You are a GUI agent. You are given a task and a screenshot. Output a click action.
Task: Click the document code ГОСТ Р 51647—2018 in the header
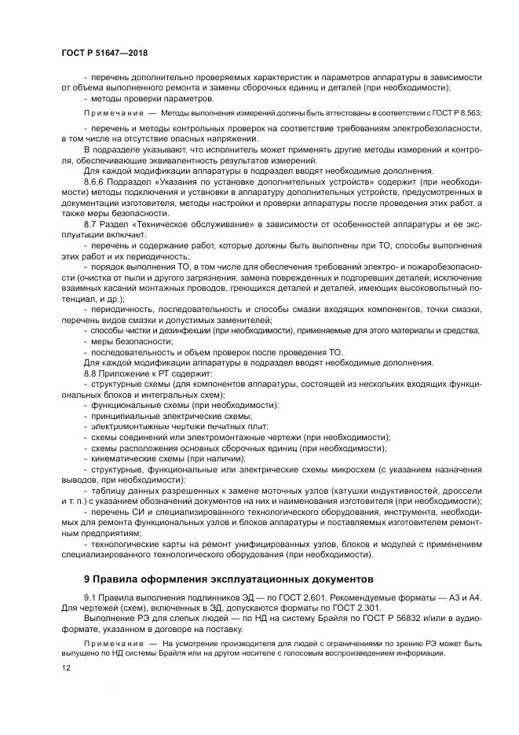tap(104, 52)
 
